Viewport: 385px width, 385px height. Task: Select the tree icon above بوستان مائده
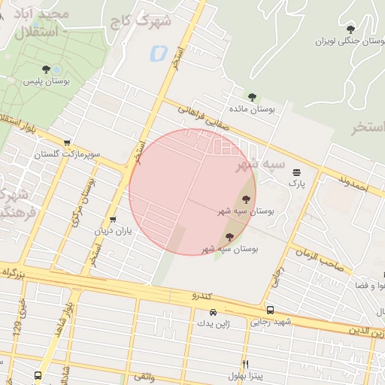click(251, 96)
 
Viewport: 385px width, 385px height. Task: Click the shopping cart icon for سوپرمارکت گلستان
click(68, 142)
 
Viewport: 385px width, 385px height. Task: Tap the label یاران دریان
click(113, 231)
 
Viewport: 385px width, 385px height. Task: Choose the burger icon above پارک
click(296, 171)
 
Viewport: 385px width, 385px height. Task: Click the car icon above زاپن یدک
click(213, 312)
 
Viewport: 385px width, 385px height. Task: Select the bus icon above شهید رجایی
click(269, 310)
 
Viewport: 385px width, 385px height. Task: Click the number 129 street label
click(17, 329)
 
